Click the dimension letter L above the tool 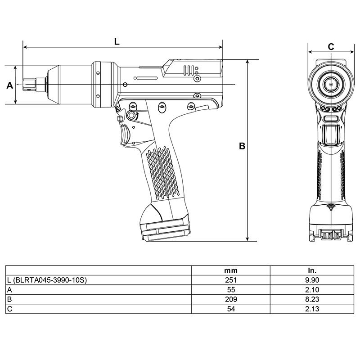click(117, 41)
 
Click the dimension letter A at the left click(9, 85)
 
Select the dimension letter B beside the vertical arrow click(242, 146)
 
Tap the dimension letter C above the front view click(331, 46)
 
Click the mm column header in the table click(231, 271)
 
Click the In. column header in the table click(311, 271)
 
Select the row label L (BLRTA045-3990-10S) click(47, 280)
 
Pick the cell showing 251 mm click(231, 280)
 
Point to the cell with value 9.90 click(311, 280)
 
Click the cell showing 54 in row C click(231, 309)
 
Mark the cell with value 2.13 click(311, 309)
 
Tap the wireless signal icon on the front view click(331, 207)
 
